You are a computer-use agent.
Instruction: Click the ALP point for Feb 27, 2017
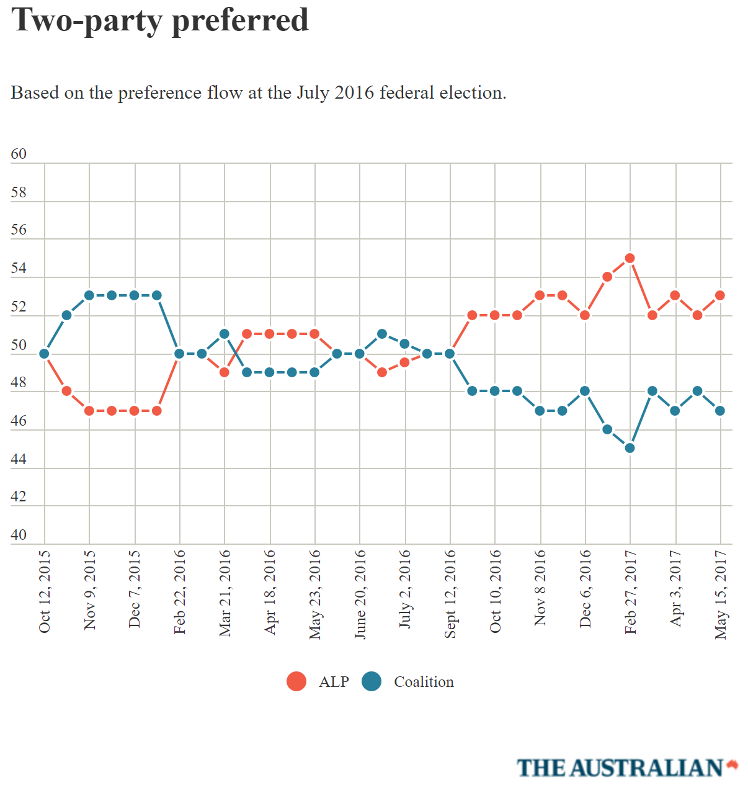point(630,258)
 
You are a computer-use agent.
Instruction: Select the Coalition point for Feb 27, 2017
point(630,448)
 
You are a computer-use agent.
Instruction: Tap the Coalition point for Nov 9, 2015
point(89,295)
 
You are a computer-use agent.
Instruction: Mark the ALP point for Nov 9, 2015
point(89,411)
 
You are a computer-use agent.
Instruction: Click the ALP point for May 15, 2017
point(720,295)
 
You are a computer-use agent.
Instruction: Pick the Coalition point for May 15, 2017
point(720,411)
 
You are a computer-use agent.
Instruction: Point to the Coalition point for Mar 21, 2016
point(225,334)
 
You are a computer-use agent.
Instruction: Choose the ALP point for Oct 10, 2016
point(495,315)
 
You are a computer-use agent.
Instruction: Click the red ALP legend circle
point(296,681)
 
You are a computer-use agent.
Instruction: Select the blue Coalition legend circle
point(372,681)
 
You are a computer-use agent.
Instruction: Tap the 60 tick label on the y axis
point(19,154)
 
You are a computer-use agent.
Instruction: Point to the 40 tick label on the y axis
point(19,535)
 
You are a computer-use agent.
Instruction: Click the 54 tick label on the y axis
point(19,269)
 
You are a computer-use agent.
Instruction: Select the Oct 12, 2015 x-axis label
point(44,591)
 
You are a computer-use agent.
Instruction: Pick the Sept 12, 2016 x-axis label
point(450,594)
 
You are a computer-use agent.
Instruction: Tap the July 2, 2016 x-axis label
point(404,589)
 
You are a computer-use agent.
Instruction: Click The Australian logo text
point(620,768)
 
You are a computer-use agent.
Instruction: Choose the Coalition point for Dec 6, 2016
point(585,391)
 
